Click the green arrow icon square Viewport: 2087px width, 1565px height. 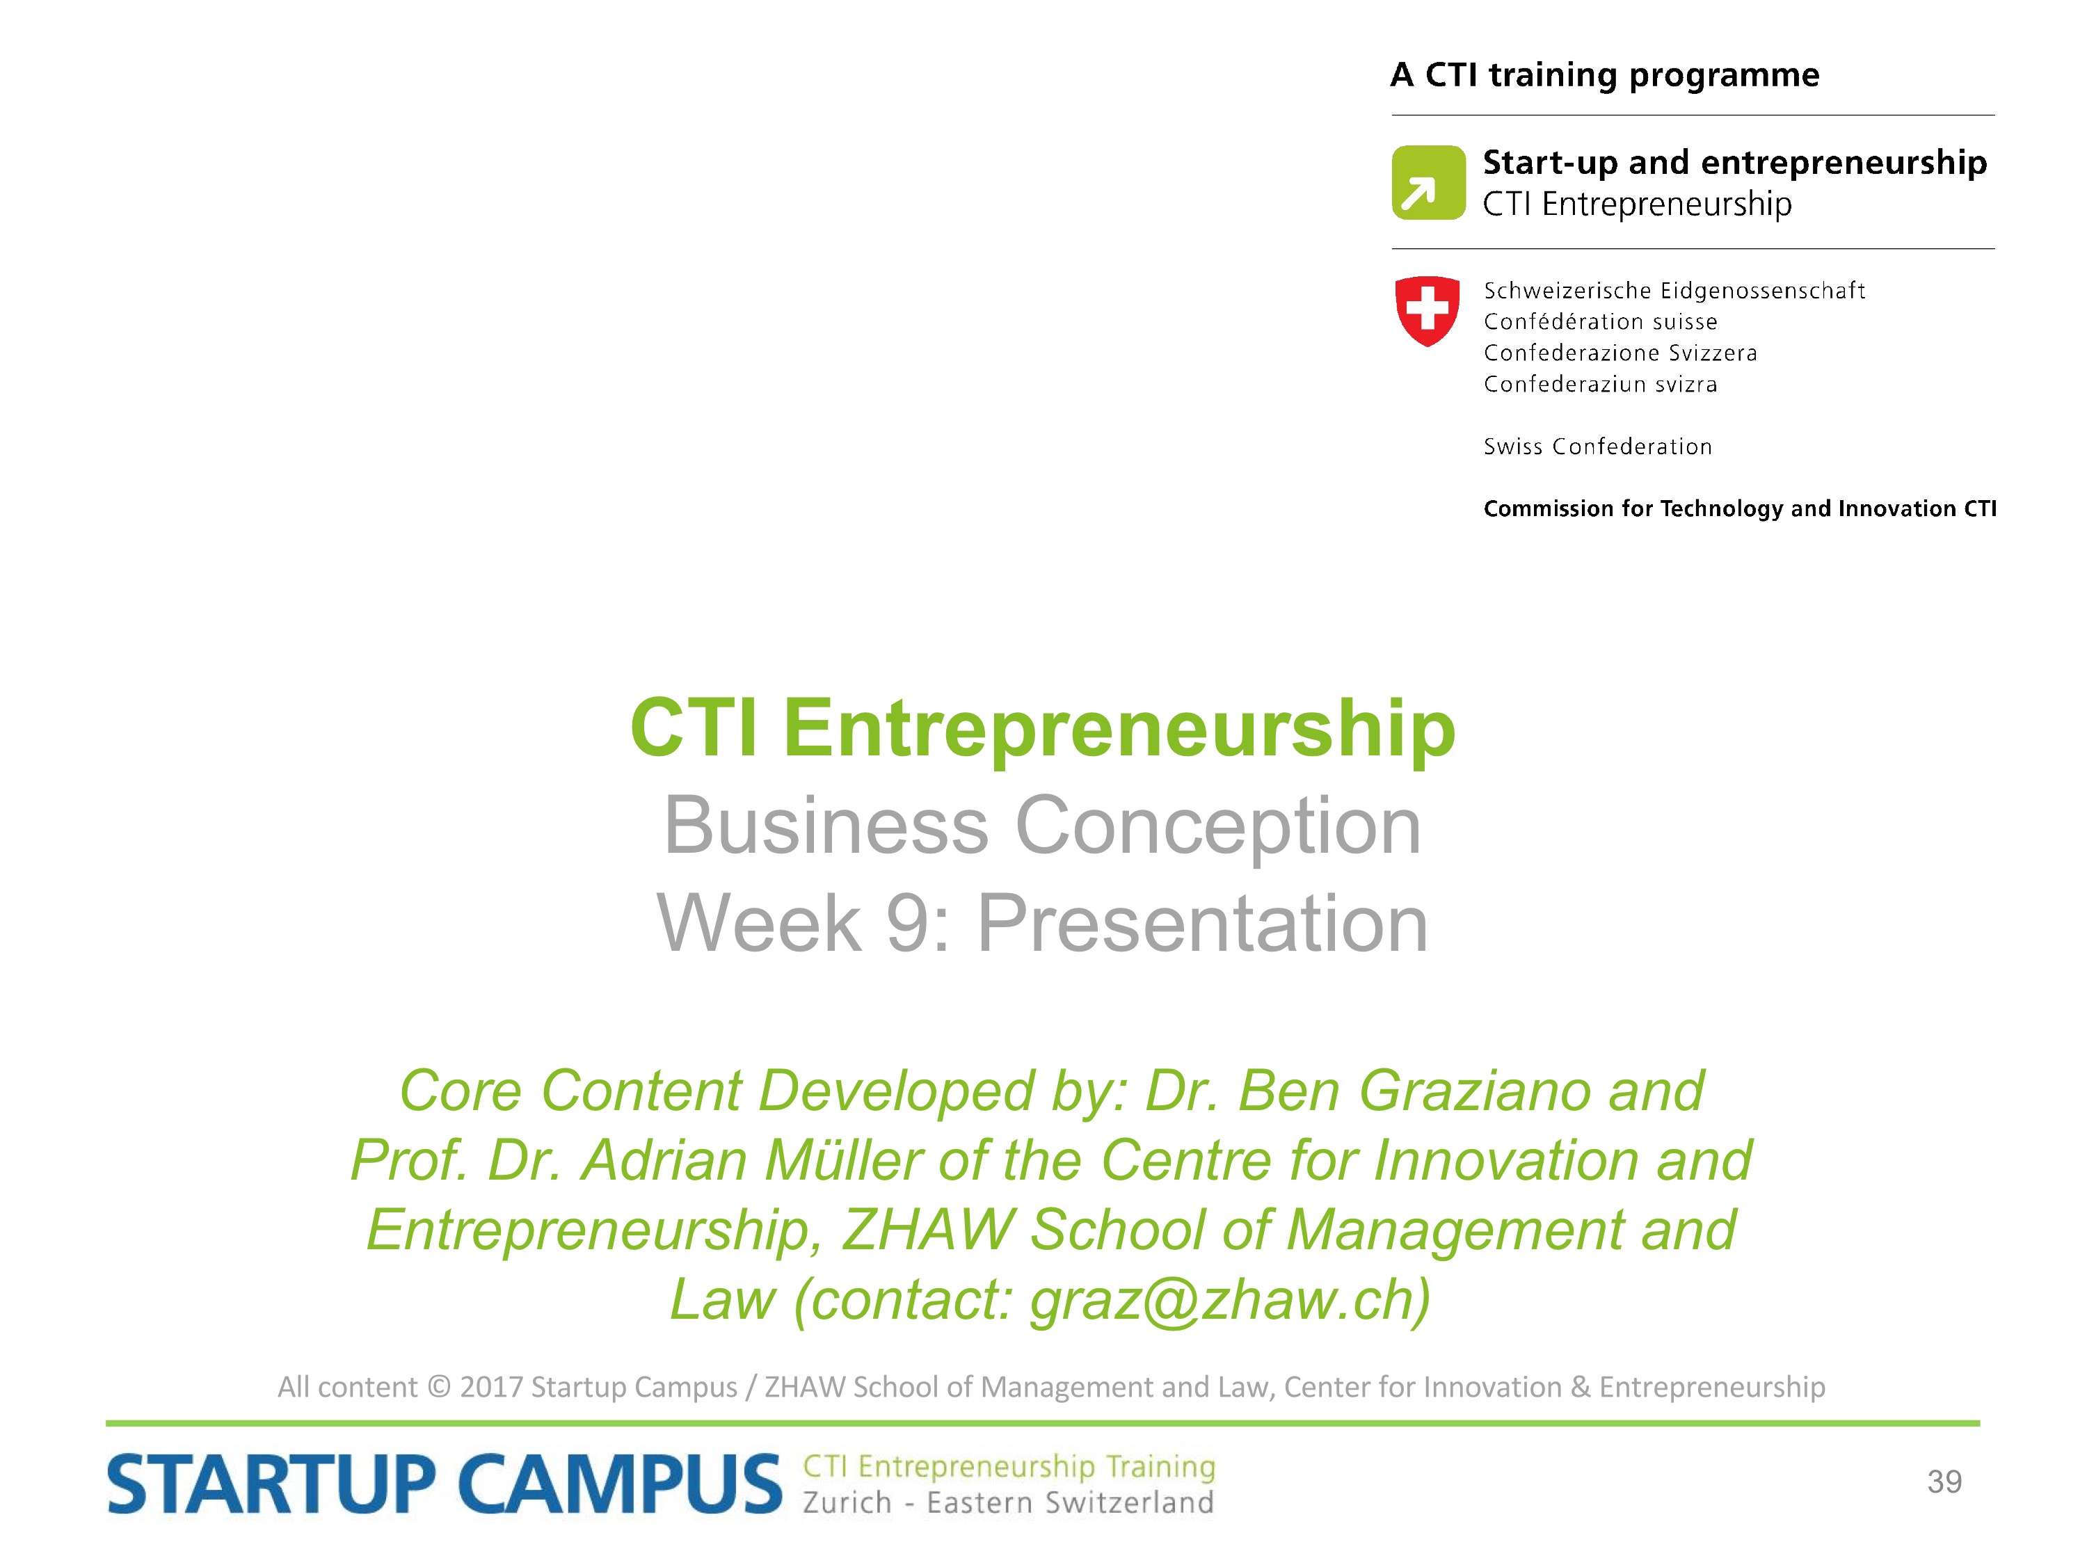pos(1428,182)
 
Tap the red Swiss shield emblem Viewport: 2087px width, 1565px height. pos(1428,310)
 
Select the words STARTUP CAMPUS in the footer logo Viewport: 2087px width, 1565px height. pos(445,1484)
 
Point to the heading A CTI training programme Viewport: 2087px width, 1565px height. pos(1605,75)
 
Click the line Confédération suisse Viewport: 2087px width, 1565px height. pos(1600,321)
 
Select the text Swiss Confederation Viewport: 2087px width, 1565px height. pos(1597,447)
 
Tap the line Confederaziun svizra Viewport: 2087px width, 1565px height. pos(1600,384)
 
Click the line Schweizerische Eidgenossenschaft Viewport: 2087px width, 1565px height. pos(1674,291)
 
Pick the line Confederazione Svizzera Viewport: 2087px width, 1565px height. pos(1620,353)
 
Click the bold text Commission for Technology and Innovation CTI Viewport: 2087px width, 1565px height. pos(1740,508)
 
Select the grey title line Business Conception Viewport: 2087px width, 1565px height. pos(1043,826)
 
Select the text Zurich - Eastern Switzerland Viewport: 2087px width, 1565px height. pos(1007,1502)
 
